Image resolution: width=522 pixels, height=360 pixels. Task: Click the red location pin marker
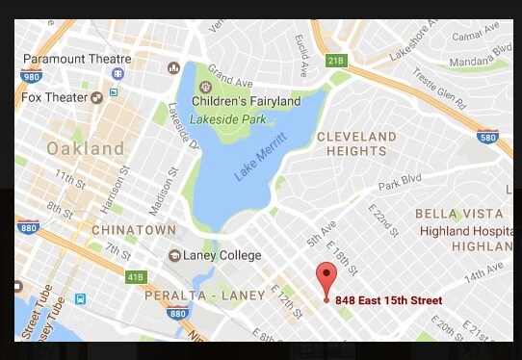point(326,278)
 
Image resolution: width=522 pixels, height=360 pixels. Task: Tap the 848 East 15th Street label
point(388,301)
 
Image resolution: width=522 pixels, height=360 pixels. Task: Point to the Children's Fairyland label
point(246,101)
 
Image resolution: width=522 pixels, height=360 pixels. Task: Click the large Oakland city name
point(86,148)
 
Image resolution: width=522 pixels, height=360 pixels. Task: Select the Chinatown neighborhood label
point(134,230)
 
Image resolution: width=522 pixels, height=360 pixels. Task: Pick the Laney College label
point(225,255)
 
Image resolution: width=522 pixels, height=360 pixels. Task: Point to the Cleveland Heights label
point(356,143)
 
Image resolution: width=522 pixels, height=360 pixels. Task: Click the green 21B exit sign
point(335,61)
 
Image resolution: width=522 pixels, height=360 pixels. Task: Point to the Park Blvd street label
point(401,183)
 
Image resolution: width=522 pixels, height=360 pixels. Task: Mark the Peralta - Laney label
point(192,295)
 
